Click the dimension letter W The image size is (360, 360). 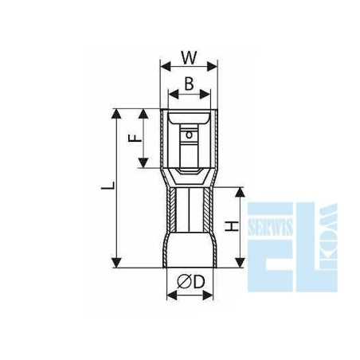189,57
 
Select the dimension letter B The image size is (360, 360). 189,84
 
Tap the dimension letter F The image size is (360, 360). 135,138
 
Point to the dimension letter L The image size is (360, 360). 108,186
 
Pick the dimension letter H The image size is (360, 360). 232,226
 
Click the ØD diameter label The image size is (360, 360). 191,282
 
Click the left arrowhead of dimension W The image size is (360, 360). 166,66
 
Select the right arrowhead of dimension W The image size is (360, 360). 212,66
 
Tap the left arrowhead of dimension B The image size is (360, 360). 174,94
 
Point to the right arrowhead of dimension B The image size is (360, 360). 205,94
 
